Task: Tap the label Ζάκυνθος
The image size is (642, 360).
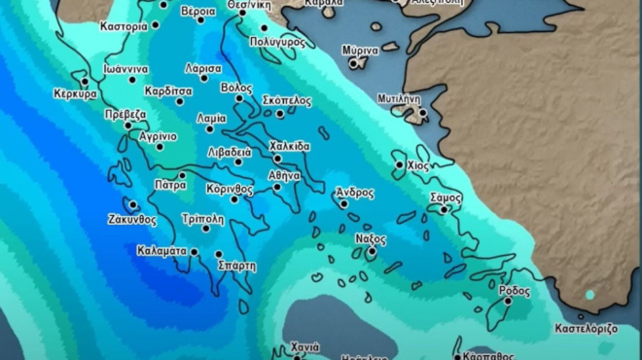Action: (x=132, y=220)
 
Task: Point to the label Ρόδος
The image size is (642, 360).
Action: (x=514, y=290)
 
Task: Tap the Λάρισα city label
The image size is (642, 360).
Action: (x=203, y=69)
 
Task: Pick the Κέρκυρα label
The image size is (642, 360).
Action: (x=75, y=94)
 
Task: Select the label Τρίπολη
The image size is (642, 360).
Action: (x=203, y=218)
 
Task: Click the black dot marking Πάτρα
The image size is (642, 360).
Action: (x=181, y=175)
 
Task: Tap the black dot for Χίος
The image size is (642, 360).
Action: (x=399, y=165)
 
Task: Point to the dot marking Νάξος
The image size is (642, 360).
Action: (x=371, y=252)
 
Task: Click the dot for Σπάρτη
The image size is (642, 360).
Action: (x=218, y=254)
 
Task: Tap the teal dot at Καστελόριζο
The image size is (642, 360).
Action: (x=589, y=295)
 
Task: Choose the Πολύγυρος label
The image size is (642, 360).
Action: (x=277, y=43)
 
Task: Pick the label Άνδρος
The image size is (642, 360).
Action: (x=354, y=192)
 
